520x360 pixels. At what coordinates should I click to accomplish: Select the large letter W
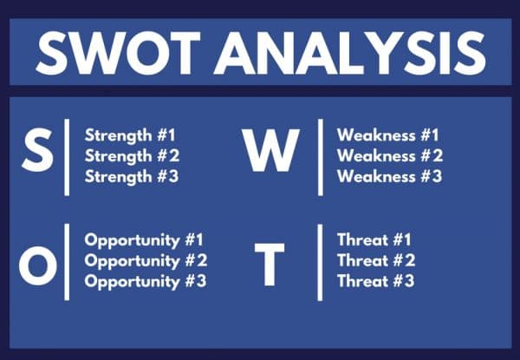point(270,154)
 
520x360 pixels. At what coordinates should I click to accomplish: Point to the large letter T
point(268,266)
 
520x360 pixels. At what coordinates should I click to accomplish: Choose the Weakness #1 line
point(389,135)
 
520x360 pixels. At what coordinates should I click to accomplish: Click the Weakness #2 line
point(389,155)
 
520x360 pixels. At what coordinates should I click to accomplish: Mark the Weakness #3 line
point(389,176)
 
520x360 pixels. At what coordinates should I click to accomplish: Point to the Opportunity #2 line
point(145,260)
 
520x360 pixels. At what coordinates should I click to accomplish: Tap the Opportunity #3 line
point(145,281)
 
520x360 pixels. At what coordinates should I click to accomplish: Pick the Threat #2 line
point(374,260)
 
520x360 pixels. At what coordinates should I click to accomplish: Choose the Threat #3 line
point(374,281)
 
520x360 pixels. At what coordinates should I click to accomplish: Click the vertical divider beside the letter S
point(68,156)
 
